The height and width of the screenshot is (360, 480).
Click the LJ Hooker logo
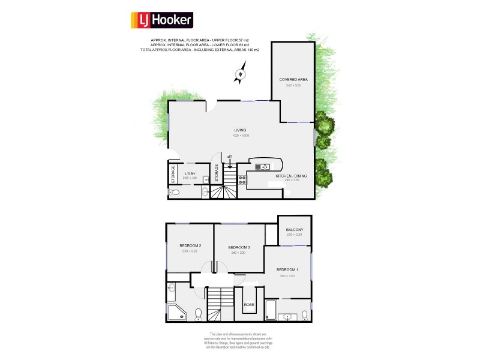[161, 20]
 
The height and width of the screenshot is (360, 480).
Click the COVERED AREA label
[293, 80]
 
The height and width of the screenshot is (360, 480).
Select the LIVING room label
[240, 130]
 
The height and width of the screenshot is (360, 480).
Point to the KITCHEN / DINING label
[291, 176]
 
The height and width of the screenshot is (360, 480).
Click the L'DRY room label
[190, 174]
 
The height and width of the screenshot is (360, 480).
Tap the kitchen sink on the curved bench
[262, 167]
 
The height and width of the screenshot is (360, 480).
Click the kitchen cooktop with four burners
[243, 178]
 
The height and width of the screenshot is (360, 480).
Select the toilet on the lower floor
[173, 193]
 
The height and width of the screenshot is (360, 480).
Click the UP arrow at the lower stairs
[230, 158]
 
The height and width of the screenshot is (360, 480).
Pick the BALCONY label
[294, 230]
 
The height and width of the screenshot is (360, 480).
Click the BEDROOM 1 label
[287, 270]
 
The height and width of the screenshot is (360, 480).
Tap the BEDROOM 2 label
[190, 246]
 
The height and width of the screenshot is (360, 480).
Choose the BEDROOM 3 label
[238, 248]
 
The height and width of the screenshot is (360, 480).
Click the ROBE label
[248, 305]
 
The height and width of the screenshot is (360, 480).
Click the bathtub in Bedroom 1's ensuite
[271, 311]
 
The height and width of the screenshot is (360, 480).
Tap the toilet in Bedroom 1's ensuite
[305, 314]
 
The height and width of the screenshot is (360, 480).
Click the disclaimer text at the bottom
[239, 340]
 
